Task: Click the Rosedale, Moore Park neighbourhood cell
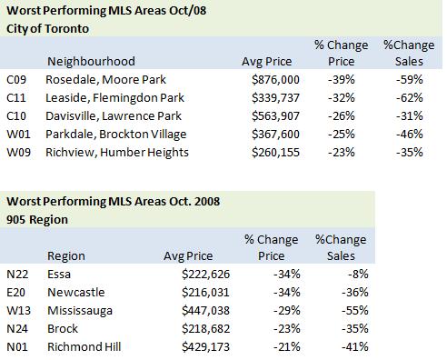[x=105, y=80]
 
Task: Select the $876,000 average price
[x=275, y=80]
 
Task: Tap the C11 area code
[x=16, y=98]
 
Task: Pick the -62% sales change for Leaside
[x=410, y=98]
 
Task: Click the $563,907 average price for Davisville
[x=275, y=116]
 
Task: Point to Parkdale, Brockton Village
[x=116, y=135]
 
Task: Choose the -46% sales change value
[x=410, y=135]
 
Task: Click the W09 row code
[x=18, y=153]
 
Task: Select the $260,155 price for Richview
[x=275, y=153]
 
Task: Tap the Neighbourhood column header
[x=91, y=62]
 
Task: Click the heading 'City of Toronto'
[x=47, y=29]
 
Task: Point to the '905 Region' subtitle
[x=37, y=220]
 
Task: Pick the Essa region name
[x=59, y=275]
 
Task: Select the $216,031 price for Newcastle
[x=205, y=293]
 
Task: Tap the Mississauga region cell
[x=80, y=311]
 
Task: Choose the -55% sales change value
[x=355, y=311]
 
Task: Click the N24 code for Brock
[x=17, y=329]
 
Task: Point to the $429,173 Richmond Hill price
[x=205, y=347]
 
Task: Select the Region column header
[x=66, y=256]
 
